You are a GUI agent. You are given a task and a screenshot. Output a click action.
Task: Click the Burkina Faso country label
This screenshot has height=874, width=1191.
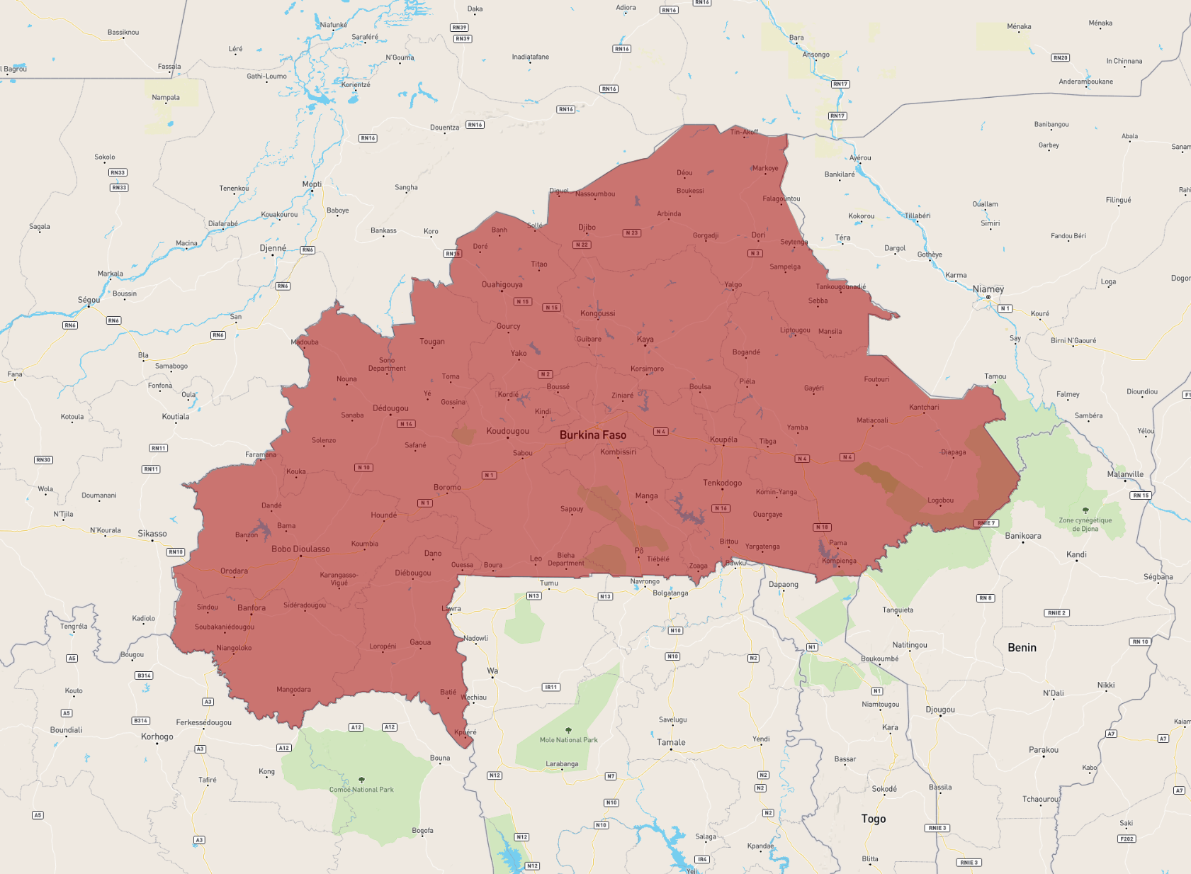(x=592, y=435)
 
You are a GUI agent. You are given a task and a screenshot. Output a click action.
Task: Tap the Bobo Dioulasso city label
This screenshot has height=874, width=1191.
(x=300, y=549)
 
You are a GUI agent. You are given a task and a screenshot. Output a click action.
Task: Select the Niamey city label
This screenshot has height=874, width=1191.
(x=988, y=289)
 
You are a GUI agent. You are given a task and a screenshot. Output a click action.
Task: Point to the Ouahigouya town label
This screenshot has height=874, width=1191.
(x=502, y=285)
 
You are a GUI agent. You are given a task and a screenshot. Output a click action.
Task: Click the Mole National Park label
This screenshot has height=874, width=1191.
(x=568, y=740)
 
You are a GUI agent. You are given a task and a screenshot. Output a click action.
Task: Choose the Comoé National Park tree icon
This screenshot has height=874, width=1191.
(x=361, y=780)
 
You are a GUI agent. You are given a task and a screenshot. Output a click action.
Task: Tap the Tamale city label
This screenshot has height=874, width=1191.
(x=670, y=742)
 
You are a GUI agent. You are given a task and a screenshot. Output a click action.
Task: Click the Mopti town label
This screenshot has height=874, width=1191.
(x=312, y=184)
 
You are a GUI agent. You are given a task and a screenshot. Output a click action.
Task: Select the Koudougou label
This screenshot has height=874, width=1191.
(x=507, y=431)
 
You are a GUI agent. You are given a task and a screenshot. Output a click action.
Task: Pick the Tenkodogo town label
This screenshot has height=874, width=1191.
(x=722, y=483)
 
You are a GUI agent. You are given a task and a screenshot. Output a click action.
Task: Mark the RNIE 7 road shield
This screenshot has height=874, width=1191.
(x=986, y=523)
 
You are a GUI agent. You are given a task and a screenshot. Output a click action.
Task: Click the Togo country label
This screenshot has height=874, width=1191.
(x=873, y=819)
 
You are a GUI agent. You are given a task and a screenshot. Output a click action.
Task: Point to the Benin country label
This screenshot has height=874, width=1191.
(x=1022, y=647)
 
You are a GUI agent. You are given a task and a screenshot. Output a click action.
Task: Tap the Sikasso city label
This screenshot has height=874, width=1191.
(x=152, y=534)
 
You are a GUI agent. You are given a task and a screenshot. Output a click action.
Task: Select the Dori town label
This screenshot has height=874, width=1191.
(x=758, y=235)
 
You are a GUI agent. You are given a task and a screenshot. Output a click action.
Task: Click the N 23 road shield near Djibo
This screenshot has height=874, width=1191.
(x=631, y=232)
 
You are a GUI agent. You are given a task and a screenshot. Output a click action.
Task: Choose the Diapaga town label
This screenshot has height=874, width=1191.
(x=953, y=452)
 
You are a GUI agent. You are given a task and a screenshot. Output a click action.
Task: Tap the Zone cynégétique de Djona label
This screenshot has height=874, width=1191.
(x=1085, y=525)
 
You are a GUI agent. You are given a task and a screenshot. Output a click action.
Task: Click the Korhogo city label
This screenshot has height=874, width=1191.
(x=157, y=736)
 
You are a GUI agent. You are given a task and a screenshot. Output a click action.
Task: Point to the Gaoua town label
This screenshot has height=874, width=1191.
(x=419, y=642)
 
